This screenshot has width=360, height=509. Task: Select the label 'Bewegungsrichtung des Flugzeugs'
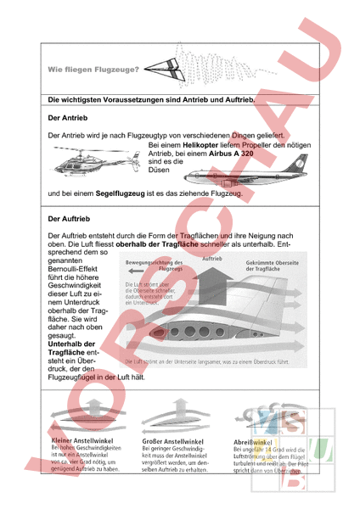pyautogui.click(x=155, y=266)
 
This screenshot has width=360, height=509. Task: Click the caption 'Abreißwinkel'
pyautogui.click(x=251, y=442)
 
